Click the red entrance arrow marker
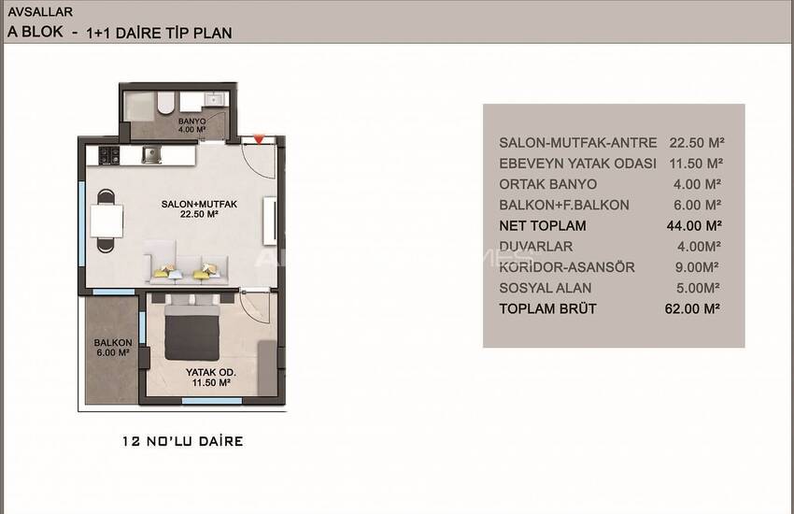click(x=259, y=138)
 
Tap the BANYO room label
click(x=191, y=121)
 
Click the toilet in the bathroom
click(x=165, y=103)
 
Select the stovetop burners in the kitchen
click(x=109, y=155)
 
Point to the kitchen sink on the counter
click(x=151, y=155)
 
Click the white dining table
click(x=106, y=221)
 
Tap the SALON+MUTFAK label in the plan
click(x=199, y=204)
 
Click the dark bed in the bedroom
click(x=191, y=332)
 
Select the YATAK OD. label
click(x=211, y=372)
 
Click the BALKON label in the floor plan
click(x=112, y=343)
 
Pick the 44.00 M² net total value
click(x=694, y=225)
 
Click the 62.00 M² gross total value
click(x=692, y=308)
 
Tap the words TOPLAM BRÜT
click(x=547, y=309)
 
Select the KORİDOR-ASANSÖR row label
click(x=567, y=267)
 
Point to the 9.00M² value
click(x=697, y=267)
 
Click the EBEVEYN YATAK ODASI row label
click(x=577, y=164)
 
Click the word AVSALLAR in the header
click(x=40, y=11)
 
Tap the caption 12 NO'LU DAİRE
click(x=182, y=441)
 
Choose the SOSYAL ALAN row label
click(x=545, y=288)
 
